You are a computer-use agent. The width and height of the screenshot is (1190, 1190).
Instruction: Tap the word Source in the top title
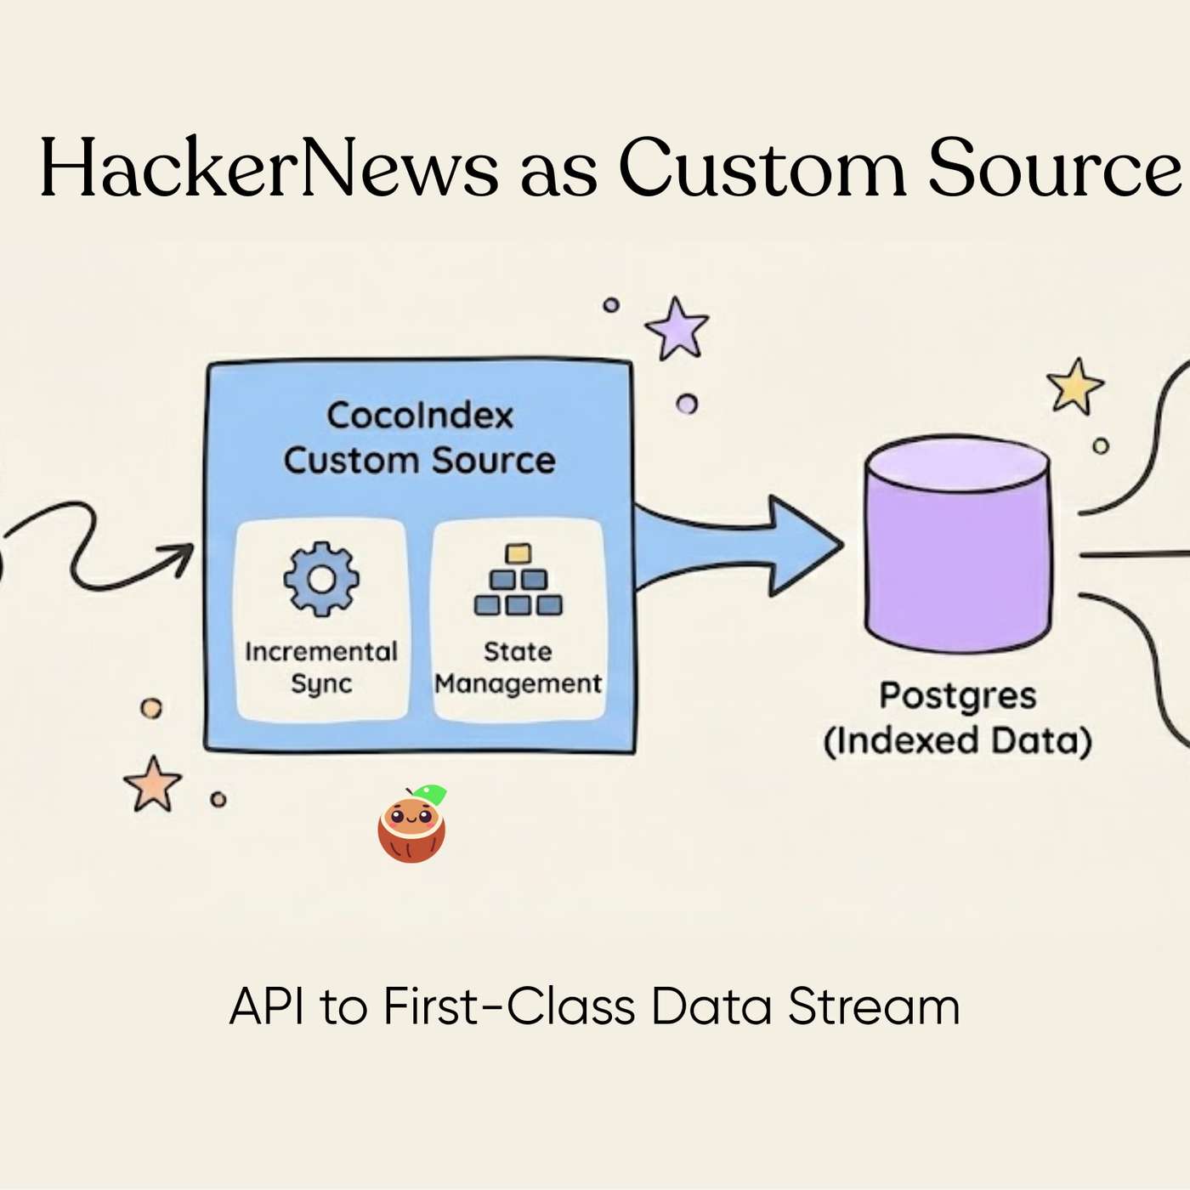pyautogui.click(x=1053, y=168)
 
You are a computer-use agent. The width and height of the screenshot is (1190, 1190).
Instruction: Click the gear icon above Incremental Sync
pyautogui.click(x=321, y=579)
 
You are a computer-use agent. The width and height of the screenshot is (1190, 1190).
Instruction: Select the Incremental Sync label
pyautogui.click(x=321, y=667)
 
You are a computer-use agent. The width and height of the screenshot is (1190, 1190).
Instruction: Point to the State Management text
pyautogui.click(x=518, y=667)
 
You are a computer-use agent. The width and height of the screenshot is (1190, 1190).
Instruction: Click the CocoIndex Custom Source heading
pyautogui.click(x=420, y=438)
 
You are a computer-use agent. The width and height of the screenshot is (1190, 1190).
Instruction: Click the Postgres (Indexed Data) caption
pyautogui.click(x=958, y=718)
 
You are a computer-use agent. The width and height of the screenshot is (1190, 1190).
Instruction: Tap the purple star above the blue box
pyautogui.click(x=677, y=329)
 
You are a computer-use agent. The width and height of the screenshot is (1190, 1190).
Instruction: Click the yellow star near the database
pyautogui.click(x=1075, y=387)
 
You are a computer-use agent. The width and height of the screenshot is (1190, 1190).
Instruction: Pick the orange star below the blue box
pyautogui.click(x=153, y=784)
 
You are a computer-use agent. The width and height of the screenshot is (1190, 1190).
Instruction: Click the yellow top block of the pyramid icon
pyautogui.click(x=518, y=554)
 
